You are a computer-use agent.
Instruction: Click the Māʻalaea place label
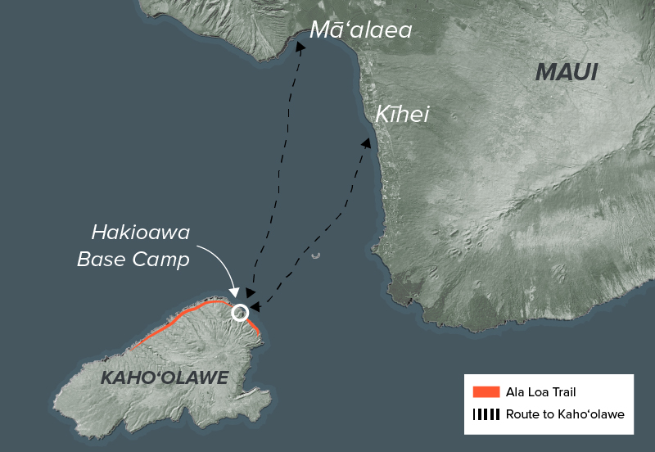coord(360,31)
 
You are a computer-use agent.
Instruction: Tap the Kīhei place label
coord(402,115)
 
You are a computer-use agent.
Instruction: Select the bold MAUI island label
coord(567,72)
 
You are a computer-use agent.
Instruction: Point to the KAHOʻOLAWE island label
coord(164,377)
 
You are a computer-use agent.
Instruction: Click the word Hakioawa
coord(141,233)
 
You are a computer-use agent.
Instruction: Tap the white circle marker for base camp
coord(240,312)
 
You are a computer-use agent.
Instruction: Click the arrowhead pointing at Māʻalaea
coord(301,47)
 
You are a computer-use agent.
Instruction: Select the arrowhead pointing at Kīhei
coord(366,142)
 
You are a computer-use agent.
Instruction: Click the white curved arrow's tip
coord(236,296)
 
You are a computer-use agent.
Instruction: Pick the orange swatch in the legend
coord(486,392)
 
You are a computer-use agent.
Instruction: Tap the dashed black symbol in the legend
coord(486,414)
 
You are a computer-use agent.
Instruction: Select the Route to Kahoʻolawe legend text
coord(565,414)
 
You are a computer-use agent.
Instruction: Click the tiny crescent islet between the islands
coord(316,255)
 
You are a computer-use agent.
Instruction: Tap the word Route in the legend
coord(523,414)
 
